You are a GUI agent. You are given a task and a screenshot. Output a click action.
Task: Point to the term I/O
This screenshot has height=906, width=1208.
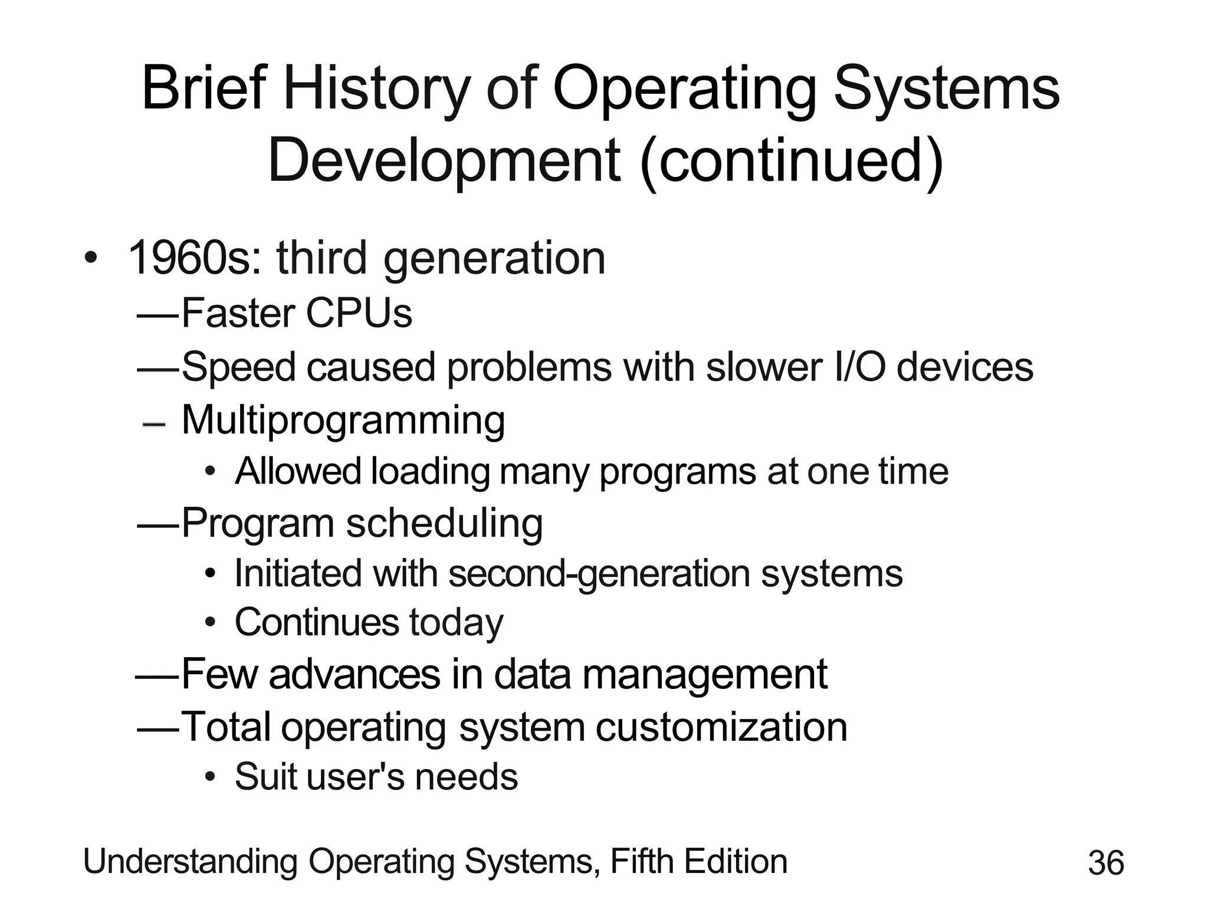click(x=861, y=367)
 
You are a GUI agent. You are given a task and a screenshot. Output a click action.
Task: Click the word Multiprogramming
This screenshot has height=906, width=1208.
click(x=343, y=420)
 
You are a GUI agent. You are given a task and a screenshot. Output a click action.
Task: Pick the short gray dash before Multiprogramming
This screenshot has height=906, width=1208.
click(x=154, y=424)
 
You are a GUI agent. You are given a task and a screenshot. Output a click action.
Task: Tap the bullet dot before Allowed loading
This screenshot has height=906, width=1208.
click(x=211, y=472)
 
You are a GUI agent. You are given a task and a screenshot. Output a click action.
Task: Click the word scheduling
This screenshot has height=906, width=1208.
click(x=444, y=523)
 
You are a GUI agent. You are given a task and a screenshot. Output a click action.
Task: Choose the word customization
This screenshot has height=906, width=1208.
click(x=721, y=727)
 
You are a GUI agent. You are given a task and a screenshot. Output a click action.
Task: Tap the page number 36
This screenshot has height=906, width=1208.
click(x=1106, y=863)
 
